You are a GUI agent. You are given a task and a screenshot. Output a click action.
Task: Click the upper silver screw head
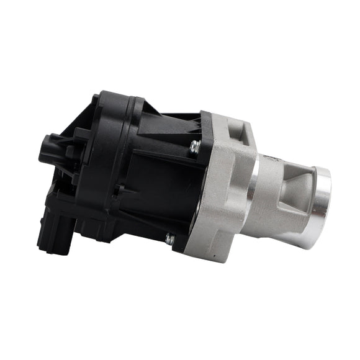(x=195, y=146)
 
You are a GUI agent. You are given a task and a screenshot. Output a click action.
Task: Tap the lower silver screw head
(x=169, y=237)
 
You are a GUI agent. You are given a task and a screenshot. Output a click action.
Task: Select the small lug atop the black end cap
(x=96, y=99)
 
